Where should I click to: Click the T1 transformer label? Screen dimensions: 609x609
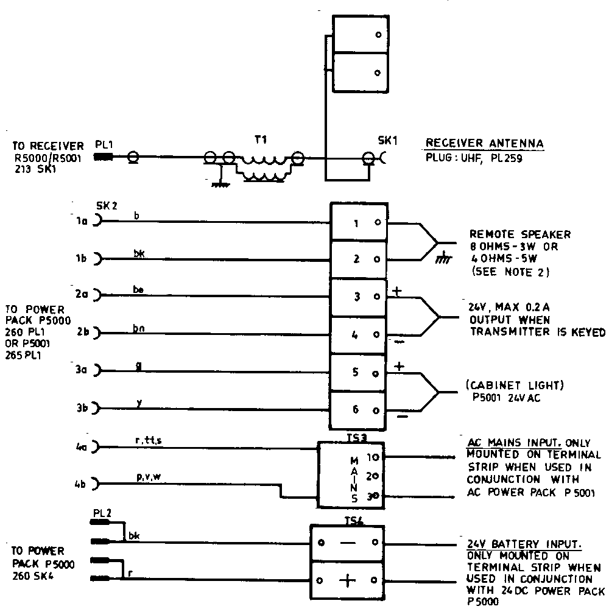tap(261, 139)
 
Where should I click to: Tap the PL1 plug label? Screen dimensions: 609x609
tap(104, 146)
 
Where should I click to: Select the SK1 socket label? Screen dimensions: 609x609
tap(387, 140)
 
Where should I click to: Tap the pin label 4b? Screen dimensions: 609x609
tap(79, 485)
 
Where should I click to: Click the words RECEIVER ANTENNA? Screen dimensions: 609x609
tap(484, 144)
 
